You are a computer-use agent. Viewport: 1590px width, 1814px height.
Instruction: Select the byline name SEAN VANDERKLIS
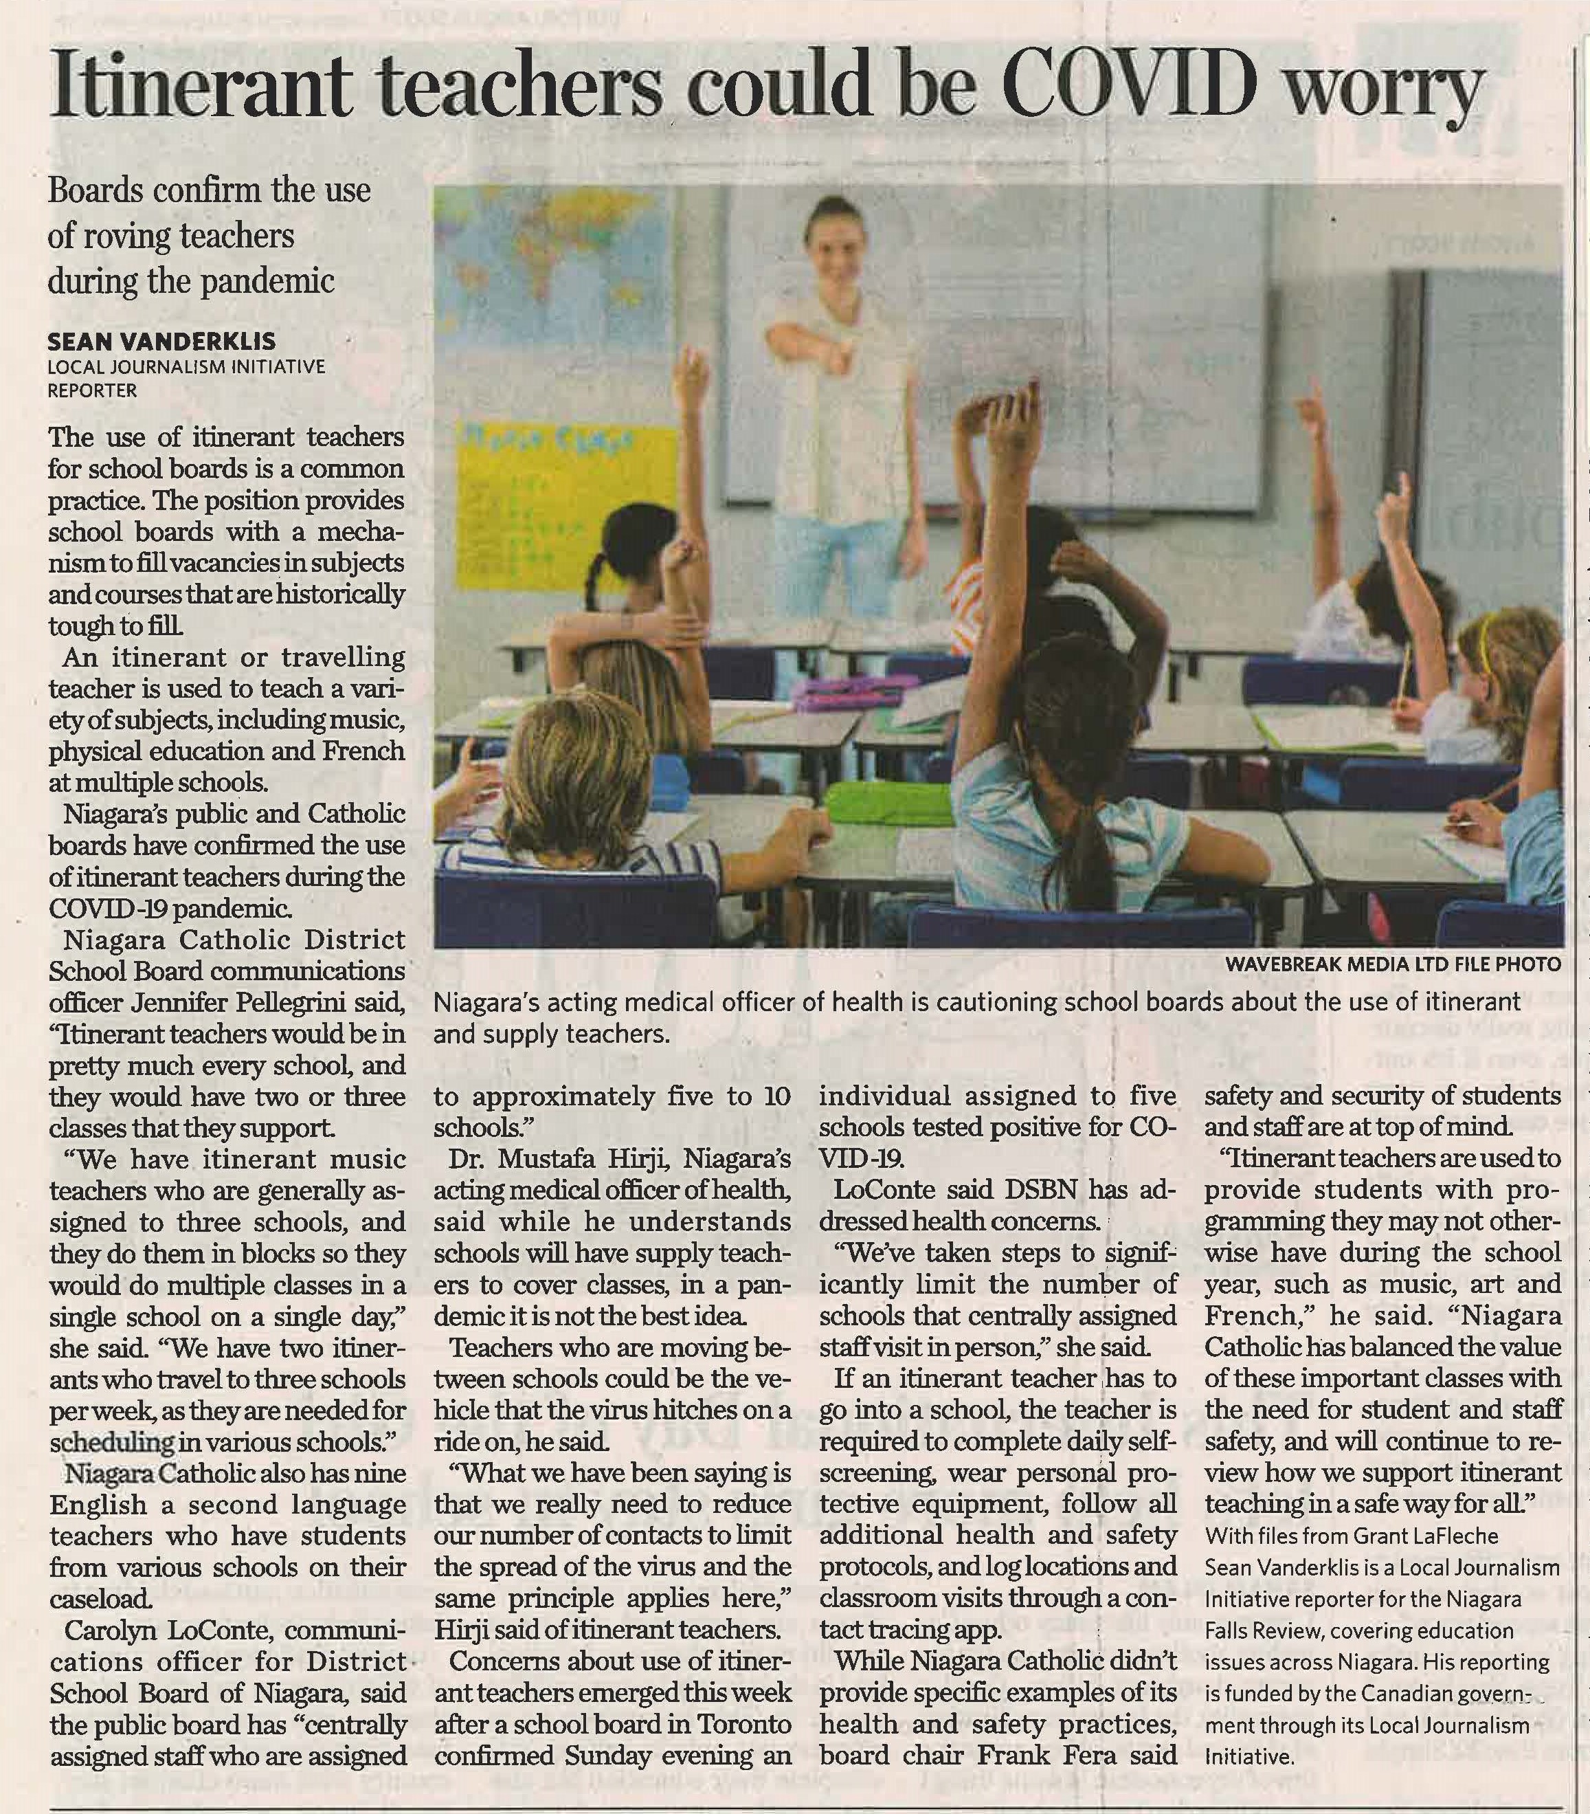(161, 342)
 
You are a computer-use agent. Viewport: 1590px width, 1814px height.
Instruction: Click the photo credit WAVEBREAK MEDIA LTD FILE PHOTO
(1392, 964)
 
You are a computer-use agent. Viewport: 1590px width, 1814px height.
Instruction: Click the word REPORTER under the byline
(92, 390)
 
